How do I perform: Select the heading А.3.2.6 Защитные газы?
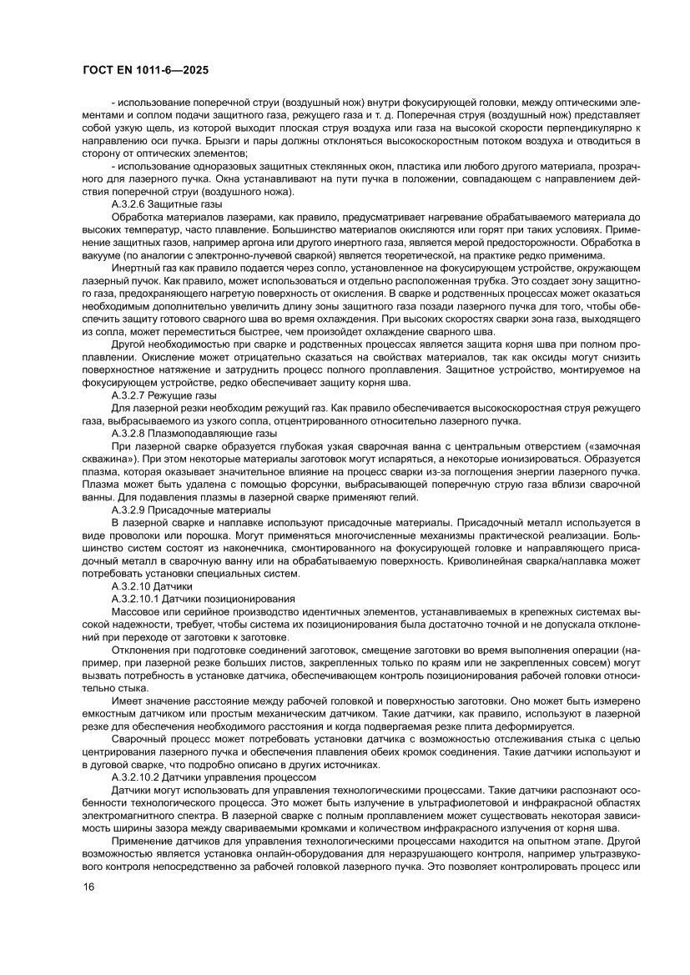166,203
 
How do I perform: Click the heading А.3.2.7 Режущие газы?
164,395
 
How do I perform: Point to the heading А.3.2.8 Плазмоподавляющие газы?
194,434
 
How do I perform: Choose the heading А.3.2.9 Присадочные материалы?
191,509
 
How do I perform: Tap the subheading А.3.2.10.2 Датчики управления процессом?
213,777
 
